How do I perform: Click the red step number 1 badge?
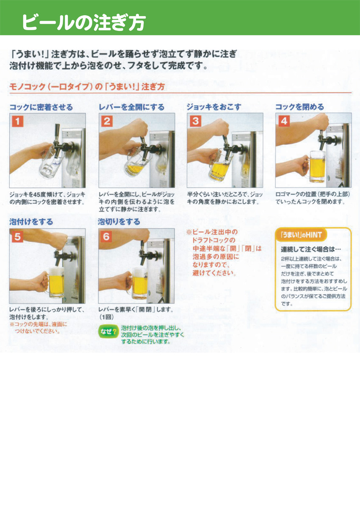coord(17,121)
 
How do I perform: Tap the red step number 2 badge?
coord(107,121)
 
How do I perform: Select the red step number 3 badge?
coord(195,121)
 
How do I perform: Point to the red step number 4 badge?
coord(283,121)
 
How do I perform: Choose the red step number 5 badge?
coord(17,237)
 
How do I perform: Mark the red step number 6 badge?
coord(106,237)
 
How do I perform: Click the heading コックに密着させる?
coord(41,107)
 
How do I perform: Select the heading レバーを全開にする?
coord(131,107)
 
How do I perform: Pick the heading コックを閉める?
coord(299,107)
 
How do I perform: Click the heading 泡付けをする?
coord(31,222)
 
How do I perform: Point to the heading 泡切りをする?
coord(119,222)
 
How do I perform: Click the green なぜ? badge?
coord(108,332)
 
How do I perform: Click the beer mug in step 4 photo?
coord(316,166)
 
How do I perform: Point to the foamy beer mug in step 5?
coord(56,282)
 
